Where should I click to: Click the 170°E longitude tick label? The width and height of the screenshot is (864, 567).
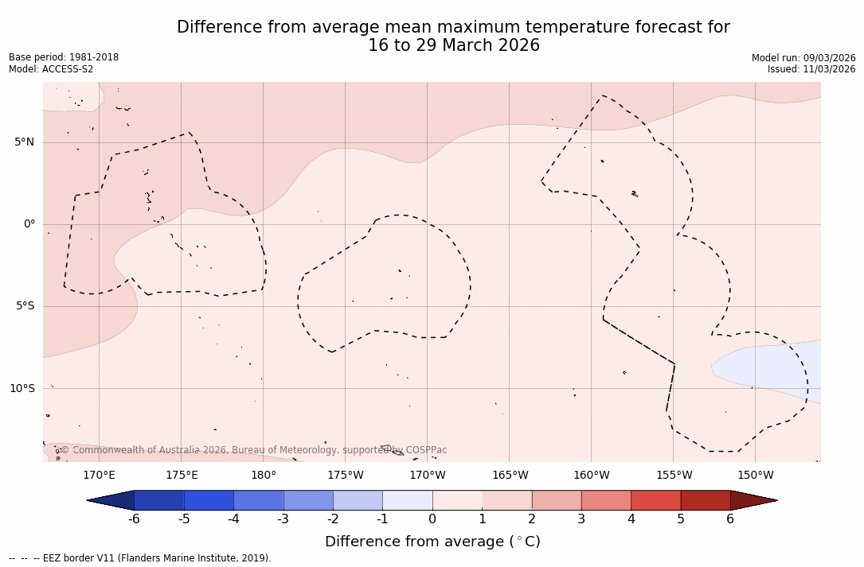click(99, 476)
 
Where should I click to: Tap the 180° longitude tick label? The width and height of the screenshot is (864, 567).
click(264, 476)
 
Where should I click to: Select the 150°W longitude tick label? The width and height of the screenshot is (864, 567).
click(756, 476)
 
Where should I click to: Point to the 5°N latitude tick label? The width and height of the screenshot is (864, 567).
click(25, 142)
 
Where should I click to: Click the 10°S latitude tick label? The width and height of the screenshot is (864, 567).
click(22, 388)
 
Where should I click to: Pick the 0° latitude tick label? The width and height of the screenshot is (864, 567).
click(29, 224)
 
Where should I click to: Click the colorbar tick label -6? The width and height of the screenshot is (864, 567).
click(134, 519)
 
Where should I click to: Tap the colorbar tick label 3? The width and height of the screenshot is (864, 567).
click(581, 519)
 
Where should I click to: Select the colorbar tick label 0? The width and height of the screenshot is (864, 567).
click(432, 519)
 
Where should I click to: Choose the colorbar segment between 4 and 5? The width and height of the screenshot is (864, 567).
click(655, 500)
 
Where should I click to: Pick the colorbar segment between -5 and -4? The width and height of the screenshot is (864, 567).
click(209, 500)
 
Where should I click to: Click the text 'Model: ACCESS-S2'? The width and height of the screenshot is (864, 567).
click(51, 69)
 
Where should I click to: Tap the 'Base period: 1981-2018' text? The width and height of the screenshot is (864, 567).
click(64, 57)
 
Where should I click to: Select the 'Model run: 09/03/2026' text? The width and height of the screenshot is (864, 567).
click(803, 58)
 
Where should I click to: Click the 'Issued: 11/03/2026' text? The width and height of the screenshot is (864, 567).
click(811, 69)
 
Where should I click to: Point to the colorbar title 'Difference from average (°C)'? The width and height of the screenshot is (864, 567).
click(432, 542)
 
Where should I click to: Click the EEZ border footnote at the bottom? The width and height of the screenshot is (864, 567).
click(140, 558)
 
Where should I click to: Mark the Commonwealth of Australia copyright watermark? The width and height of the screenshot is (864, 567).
click(253, 450)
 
